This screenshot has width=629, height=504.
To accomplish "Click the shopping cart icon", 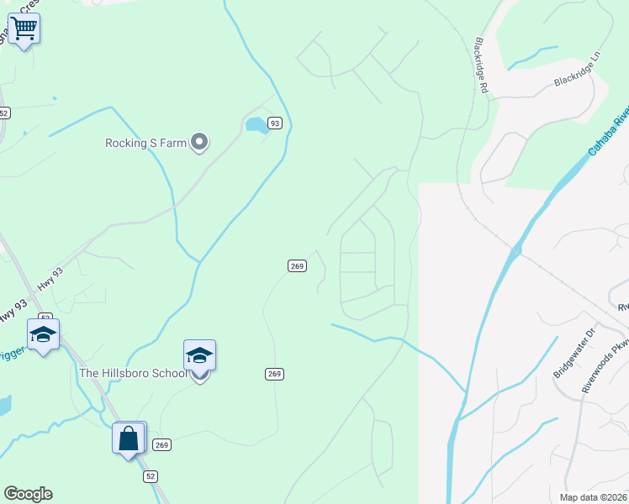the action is point(24,29).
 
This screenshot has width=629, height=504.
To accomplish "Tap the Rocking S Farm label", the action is point(145,143).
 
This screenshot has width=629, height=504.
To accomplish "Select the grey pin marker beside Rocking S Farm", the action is point(199,143).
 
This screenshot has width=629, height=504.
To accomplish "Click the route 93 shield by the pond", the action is point(274,123).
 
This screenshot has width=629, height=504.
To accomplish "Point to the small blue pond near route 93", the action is point(256,126).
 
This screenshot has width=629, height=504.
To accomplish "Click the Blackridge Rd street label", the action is point(482,63).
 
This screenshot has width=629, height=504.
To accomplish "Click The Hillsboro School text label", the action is point(133,373).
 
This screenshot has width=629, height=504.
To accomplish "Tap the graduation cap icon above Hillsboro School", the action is point(199,355).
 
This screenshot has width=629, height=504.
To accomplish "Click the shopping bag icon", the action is point(129,438).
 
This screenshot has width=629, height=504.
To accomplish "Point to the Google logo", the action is point(28,494).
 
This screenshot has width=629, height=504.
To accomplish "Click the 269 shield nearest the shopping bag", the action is point(162,444).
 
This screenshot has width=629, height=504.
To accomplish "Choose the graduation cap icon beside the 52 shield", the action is point(43,334).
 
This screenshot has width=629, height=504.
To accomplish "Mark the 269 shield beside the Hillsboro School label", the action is point(274,374).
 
